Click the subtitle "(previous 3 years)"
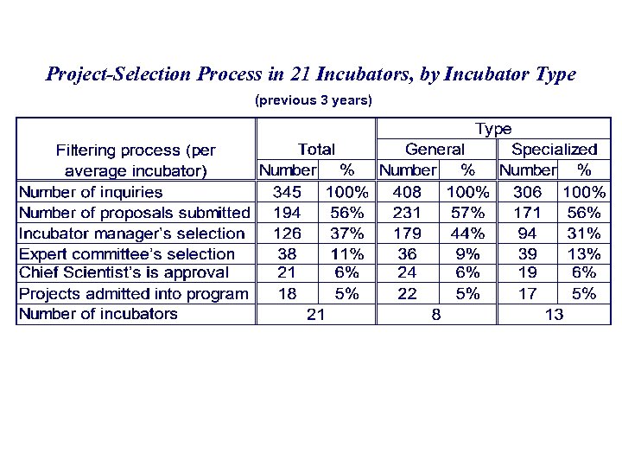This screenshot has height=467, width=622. click(x=314, y=100)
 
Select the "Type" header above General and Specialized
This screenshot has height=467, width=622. click(x=493, y=129)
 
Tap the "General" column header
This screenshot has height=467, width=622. click(x=435, y=150)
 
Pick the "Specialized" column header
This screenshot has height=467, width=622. click(x=554, y=150)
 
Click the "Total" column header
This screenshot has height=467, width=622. click(x=316, y=150)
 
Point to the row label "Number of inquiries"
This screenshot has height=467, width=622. click(x=91, y=192)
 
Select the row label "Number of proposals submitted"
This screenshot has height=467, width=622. click(x=134, y=213)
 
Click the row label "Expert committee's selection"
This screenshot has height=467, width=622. click(x=127, y=253)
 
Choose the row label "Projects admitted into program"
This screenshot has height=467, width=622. click(x=134, y=294)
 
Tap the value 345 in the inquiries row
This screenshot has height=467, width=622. click(x=287, y=191)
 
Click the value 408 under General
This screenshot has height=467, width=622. click(x=407, y=191)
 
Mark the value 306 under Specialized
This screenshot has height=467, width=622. click(x=527, y=191)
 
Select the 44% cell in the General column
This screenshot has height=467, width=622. click(x=467, y=233)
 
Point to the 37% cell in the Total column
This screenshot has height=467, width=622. click(x=347, y=233)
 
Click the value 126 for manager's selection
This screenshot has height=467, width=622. click(x=287, y=233)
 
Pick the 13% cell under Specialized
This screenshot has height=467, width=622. click(x=585, y=253)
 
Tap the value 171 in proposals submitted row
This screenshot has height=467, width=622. click(x=527, y=212)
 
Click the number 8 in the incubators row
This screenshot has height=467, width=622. click(x=436, y=315)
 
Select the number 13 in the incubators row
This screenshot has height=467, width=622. click(x=554, y=315)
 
